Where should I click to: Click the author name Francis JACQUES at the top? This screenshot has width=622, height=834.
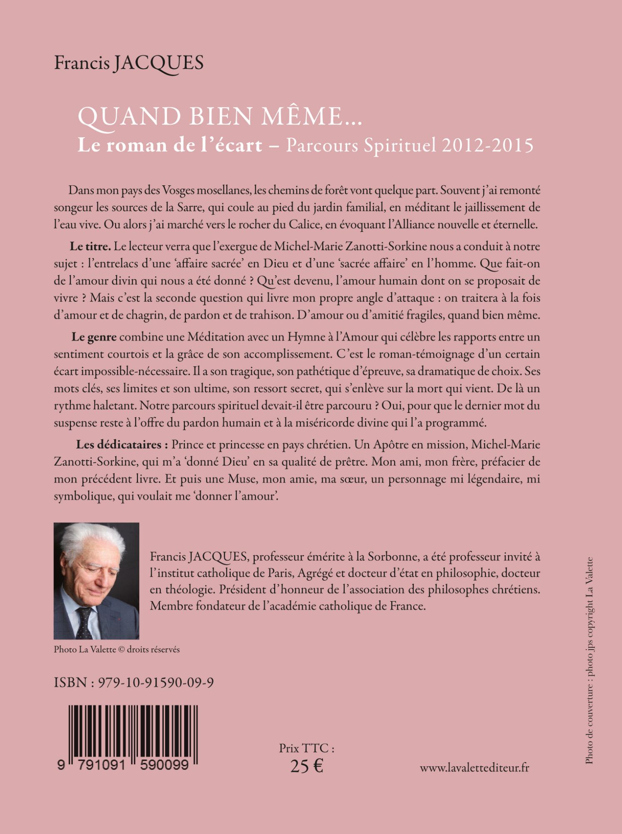[x=129, y=63]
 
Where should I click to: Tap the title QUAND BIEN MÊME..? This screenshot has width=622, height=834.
[x=220, y=117]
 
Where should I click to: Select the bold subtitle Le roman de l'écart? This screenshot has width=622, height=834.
[x=170, y=145]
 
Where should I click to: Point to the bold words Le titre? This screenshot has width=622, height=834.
[x=90, y=246]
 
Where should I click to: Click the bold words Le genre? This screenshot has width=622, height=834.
[x=94, y=337]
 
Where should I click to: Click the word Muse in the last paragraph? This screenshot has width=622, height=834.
[x=241, y=479]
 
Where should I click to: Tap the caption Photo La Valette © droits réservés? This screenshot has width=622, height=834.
[x=117, y=649]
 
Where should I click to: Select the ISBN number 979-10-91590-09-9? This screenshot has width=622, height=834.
[x=155, y=683]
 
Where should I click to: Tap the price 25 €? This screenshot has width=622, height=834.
[x=307, y=766]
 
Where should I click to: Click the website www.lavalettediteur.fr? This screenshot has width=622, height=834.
[x=474, y=768]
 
